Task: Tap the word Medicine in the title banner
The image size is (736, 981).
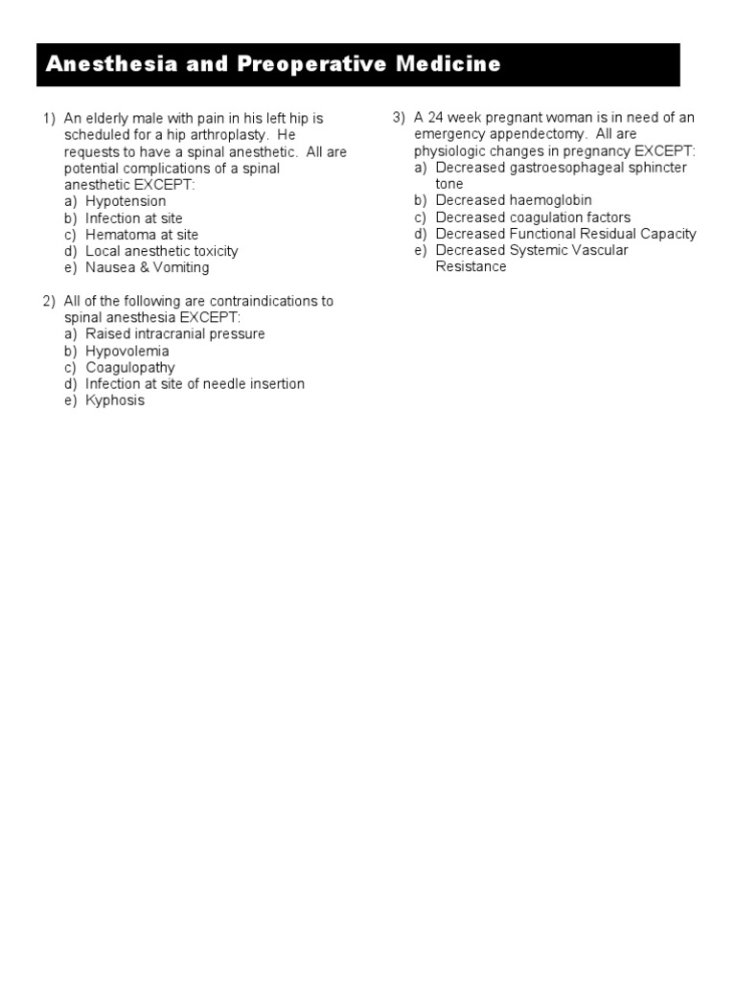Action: (x=451, y=64)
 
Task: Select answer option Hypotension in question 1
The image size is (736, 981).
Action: (x=126, y=201)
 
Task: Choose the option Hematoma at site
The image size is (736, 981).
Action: (x=142, y=235)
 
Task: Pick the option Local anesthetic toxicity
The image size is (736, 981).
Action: (x=161, y=251)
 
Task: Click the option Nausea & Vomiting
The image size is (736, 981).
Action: (x=147, y=267)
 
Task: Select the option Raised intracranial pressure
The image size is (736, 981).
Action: (x=175, y=334)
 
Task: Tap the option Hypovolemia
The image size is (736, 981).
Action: (x=127, y=351)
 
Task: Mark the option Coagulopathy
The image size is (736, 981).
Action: (x=130, y=368)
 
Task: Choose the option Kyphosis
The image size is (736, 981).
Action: (x=115, y=400)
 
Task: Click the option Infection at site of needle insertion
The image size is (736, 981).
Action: (x=195, y=384)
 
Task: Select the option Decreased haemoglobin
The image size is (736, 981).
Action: (x=514, y=200)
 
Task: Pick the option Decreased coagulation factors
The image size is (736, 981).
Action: (x=533, y=217)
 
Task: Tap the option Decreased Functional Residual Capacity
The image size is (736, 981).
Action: (x=565, y=234)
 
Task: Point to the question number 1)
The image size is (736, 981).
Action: (x=49, y=119)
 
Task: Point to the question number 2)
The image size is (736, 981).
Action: (x=49, y=301)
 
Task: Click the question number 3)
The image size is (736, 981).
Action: (x=399, y=118)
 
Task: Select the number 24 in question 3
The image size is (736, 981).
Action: (x=436, y=118)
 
